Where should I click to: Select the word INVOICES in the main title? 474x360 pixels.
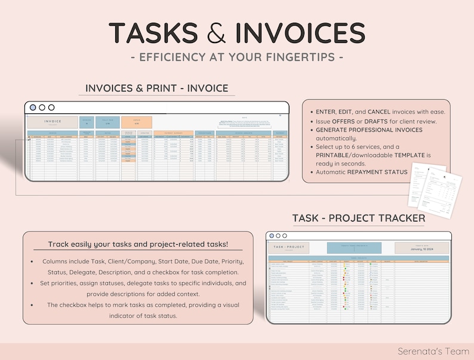[x=300, y=33]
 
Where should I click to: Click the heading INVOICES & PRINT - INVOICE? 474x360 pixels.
[x=157, y=88]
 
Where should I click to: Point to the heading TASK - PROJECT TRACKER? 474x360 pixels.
[x=359, y=219]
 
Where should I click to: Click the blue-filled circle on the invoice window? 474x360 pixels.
[x=33, y=108]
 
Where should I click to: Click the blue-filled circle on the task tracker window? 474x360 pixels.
[x=272, y=236]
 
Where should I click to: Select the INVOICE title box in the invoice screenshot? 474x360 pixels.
[x=53, y=122]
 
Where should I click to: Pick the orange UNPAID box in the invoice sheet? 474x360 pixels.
[x=136, y=122]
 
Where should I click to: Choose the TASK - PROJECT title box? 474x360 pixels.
[x=289, y=248]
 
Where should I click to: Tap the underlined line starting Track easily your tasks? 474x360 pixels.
[x=138, y=244]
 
